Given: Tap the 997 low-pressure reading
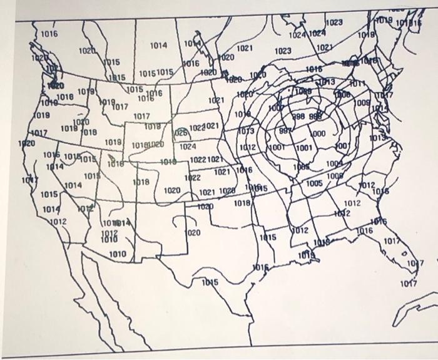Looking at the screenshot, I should [286, 133].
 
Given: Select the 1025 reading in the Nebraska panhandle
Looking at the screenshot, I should [180, 133].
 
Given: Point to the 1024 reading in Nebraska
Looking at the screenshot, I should [187, 147].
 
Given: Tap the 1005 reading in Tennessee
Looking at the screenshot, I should [315, 183].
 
